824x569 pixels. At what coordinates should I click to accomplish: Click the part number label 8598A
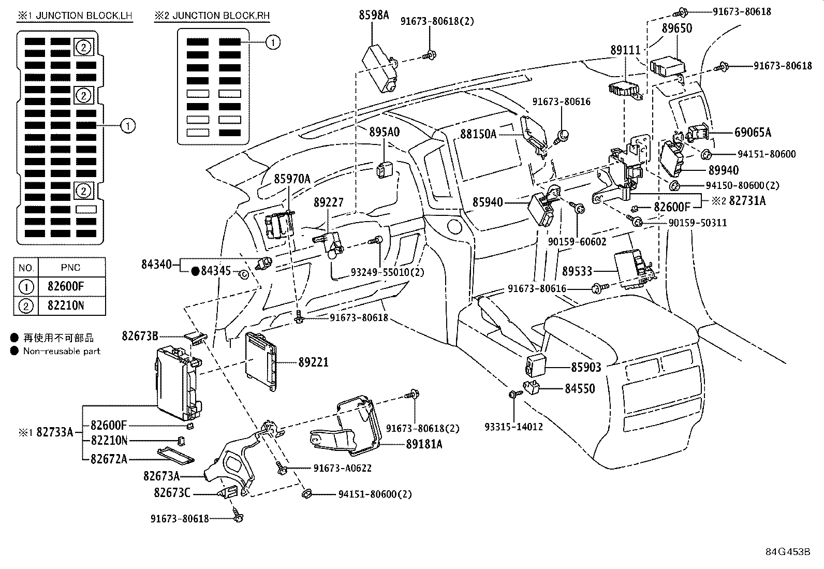(373, 15)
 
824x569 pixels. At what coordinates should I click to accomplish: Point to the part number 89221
(313, 362)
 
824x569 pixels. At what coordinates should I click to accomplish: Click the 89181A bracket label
(424, 444)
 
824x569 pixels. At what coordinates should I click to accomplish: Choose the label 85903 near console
(586, 368)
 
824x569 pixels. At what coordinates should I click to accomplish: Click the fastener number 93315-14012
(514, 427)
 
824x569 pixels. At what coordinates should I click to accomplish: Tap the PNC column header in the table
(70, 268)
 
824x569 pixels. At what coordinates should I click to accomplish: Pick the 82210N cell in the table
(66, 305)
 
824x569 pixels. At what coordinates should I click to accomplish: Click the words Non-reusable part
(62, 351)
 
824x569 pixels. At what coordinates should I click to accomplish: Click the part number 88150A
(478, 134)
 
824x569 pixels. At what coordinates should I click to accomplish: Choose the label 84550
(580, 388)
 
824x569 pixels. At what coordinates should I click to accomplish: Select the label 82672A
(109, 459)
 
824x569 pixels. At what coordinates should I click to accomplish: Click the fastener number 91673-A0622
(342, 469)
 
